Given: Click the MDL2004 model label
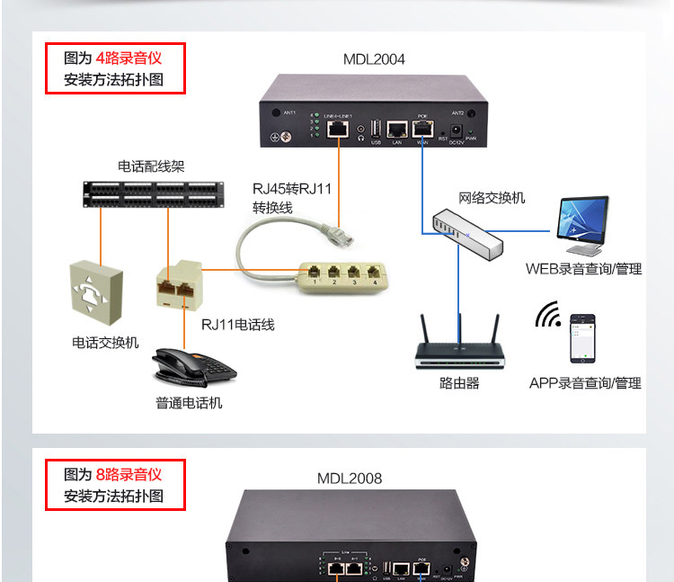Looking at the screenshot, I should point(374,59).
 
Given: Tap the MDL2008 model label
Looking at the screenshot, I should point(350,479).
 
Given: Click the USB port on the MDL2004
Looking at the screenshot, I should point(376,130).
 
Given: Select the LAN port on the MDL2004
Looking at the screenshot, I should point(396,129).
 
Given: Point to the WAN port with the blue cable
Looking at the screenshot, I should point(422,130).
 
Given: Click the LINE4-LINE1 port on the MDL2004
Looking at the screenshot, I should point(339,130).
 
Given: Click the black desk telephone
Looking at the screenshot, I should point(191,365).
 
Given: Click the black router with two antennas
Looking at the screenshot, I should point(459,346).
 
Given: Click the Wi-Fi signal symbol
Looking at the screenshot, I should point(547,316).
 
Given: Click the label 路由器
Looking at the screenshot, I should point(459,383).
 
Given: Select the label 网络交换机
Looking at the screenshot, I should point(492,197).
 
